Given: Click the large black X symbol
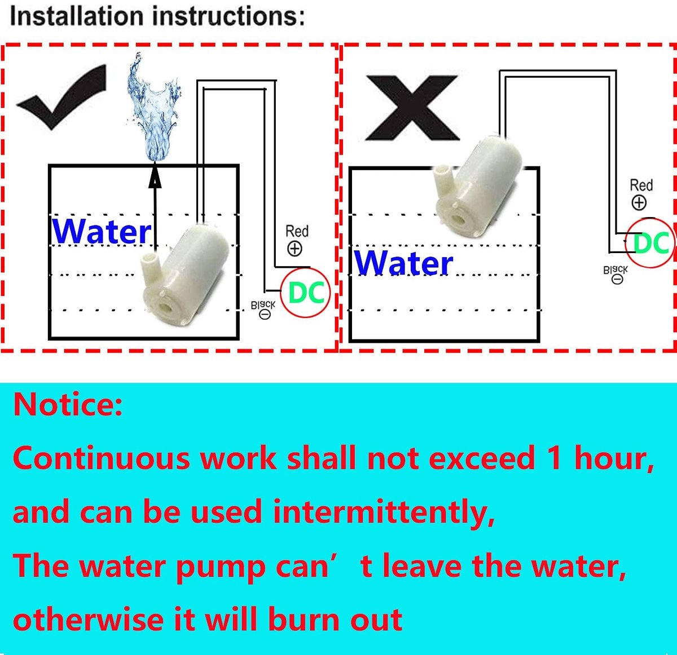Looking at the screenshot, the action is (x=412, y=108).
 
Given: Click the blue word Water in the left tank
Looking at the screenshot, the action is (x=102, y=231).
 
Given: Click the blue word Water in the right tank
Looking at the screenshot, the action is (x=403, y=263).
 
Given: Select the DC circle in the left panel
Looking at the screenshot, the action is (x=305, y=293).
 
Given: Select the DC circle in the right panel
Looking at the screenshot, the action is (x=650, y=243).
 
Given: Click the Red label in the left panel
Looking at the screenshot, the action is (x=297, y=231).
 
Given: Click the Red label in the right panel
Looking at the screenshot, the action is (x=641, y=185).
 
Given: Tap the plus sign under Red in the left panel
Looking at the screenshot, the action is (x=294, y=249).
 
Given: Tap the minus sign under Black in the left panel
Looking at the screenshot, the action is (x=265, y=315).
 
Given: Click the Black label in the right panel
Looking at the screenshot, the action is (x=616, y=270).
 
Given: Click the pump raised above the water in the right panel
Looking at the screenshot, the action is (x=478, y=186).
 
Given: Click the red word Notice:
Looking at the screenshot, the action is (x=68, y=404).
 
